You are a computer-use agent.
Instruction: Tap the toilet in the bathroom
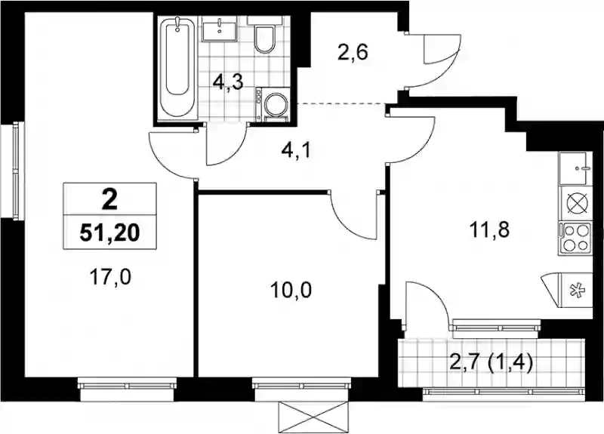click(264, 35)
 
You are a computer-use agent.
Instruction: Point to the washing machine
click(273, 105)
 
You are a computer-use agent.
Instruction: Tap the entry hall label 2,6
click(353, 52)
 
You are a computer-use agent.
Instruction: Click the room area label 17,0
click(110, 277)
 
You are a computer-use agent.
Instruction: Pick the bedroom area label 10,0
click(291, 291)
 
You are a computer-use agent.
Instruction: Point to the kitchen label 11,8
click(489, 230)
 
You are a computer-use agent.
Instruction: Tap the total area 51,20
click(109, 232)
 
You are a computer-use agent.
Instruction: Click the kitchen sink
click(575, 168)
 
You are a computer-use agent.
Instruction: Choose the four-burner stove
click(575, 238)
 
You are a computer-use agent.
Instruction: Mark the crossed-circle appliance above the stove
click(575, 204)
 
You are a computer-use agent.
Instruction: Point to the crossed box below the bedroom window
click(313, 417)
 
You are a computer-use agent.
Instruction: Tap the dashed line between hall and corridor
click(343, 103)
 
